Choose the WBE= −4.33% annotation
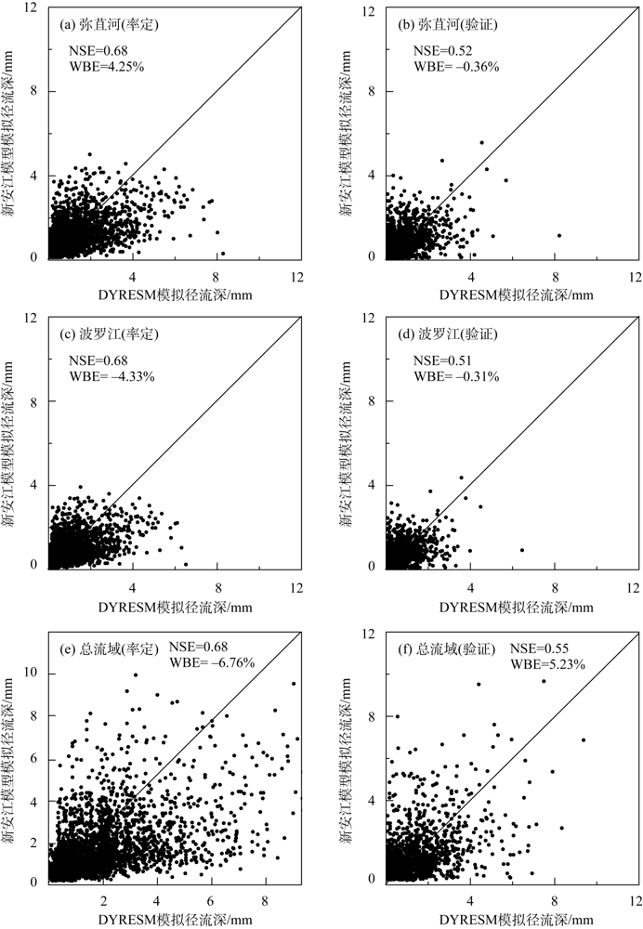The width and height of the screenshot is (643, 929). (112, 377)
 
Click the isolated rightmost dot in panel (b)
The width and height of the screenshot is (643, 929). (559, 235)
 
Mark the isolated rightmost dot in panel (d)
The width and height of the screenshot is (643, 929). (523, 550)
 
